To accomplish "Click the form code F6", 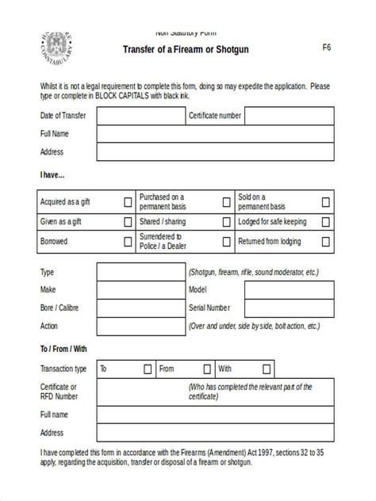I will click(x=326, y=47).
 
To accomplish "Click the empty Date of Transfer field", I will click(x=140, y=116).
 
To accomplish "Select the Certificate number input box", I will click(x=288, y=116).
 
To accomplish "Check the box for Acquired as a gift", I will click(x=128, y=202).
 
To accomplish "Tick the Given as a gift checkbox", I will click(x=128, y=222).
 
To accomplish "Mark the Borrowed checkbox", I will click(x=128, y=242).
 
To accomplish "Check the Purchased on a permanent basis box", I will click(x=227, y=202).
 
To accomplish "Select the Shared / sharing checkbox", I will click(x=227, y=222).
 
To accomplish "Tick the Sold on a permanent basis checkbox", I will click(x=326, y=202).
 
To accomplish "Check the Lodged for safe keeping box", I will click(x=326, y=222).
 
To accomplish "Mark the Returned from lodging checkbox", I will click(x=326, y=242).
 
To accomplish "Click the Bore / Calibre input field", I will click(x=140, y=308).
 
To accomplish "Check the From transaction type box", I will click(x=206, y=369).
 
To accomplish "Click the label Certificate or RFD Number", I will click(x=59, y=392).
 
